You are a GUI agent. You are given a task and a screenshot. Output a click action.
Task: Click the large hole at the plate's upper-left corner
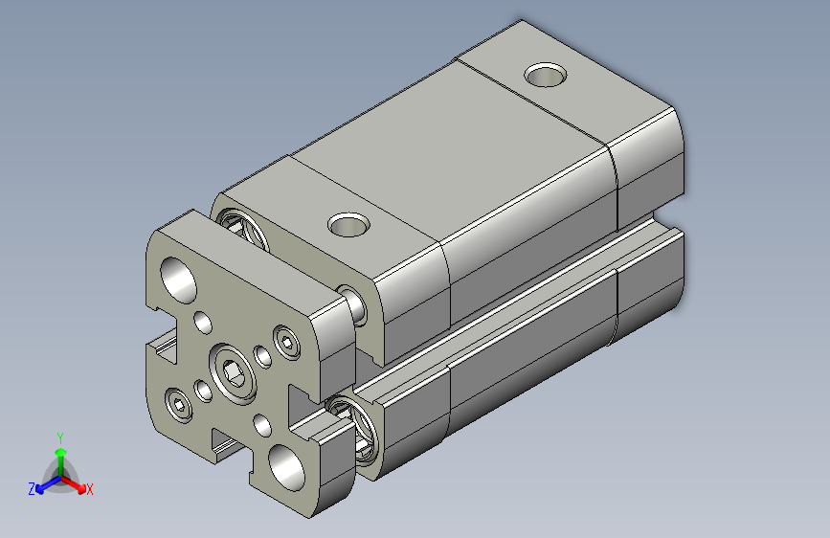177,278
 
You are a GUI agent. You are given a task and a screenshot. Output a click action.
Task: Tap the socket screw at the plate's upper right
286,339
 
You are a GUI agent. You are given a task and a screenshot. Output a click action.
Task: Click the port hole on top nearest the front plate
348,225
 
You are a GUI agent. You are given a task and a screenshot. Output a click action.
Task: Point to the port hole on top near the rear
546,74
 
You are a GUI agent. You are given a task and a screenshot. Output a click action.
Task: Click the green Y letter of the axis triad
59,435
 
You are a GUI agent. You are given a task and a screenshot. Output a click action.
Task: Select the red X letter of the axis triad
90,490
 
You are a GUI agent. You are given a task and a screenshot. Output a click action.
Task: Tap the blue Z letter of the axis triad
32,489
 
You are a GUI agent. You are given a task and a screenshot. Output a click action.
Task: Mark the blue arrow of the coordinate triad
44,483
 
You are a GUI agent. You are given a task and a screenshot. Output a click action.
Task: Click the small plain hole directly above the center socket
202,323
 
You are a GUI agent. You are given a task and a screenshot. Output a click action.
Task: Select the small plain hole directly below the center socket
261,422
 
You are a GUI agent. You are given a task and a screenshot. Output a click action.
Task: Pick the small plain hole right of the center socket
260,356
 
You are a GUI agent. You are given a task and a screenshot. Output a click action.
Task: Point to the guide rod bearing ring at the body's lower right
355,426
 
